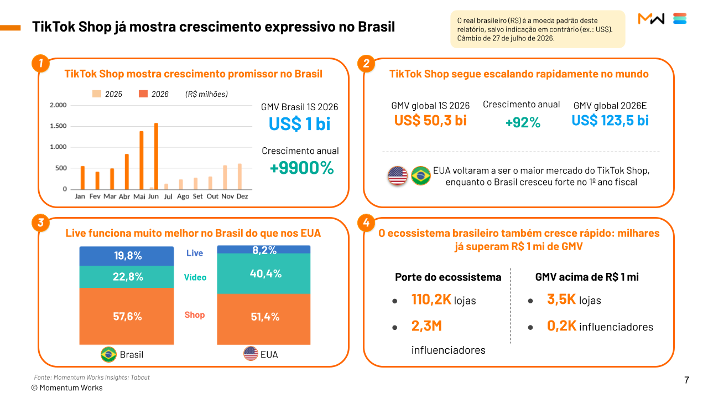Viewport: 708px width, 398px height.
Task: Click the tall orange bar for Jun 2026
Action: pyautogui.click(x=156, y=156)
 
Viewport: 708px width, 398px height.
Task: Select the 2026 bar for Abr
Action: pyautogui.click(x=127, y=172)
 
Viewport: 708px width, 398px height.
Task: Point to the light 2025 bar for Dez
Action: pyautogui.click(x=240, y=177)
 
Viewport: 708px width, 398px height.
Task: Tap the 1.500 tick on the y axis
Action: pyautogui.click(x=58, y=126)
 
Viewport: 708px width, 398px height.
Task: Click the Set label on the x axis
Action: pyautogui.click(x=197, y=196)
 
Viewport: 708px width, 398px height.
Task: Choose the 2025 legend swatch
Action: pyautogui.click(x=97, y=94)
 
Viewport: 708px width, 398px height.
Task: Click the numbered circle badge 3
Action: pyautogui.click(x=40, y=223)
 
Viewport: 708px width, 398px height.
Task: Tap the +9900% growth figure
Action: pyautogui.click(x=301, y=168)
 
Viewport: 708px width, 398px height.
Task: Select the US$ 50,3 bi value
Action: pyautogui.click(x=430, y=121)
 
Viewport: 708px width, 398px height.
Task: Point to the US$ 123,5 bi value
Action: pyautogui.click(x=610, y=121)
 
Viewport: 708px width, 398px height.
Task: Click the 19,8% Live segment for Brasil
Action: pyautogui.click(x=127, y=256)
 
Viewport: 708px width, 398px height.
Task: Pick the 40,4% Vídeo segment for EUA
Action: pyautogui.click(x=264, y=273)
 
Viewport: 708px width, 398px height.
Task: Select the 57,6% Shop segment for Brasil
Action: pyautogui.click(x=127, y=316)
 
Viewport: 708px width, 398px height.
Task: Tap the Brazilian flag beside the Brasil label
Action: pyautogui.click(x=108, y=354)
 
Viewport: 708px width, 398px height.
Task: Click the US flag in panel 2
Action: pyautogui.click(x=398, y=175)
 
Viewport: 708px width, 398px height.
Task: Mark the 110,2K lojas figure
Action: pyautogui.click(x=444, y=299)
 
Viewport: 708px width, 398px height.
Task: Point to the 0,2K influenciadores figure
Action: pyautogui.click(x=600, y=326)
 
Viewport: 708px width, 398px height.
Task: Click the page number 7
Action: pyautogui.click(x=686, y=380)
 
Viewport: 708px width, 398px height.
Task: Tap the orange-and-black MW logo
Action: pyautogui.click(x=651, y=19)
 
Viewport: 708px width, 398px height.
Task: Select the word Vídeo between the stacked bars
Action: pyautogui.click(x=195, y=277)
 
